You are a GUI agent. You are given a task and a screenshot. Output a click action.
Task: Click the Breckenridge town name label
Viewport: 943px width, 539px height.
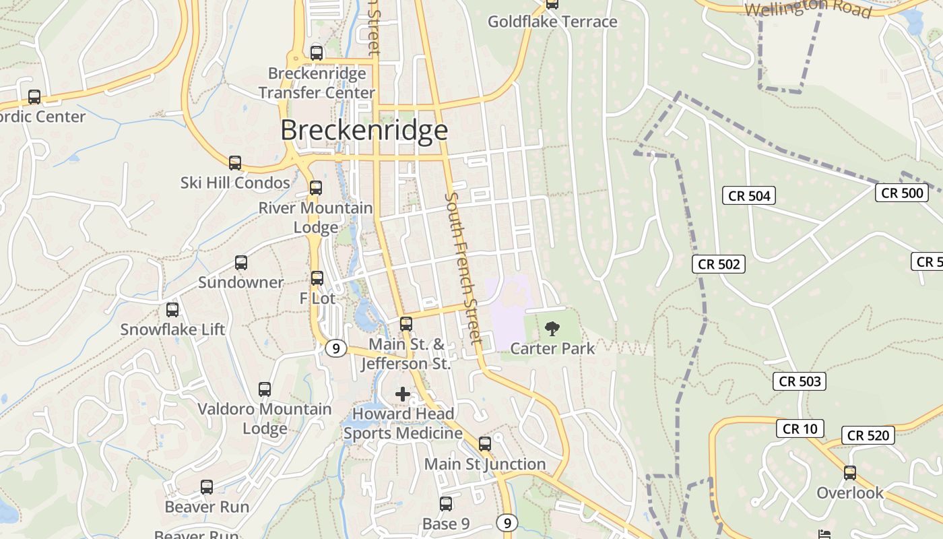click(x=364, y=130)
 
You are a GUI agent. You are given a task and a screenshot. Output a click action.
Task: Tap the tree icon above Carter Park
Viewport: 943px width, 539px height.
click(x=552, y=329)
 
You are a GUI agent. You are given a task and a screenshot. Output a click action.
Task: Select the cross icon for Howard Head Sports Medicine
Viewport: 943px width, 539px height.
click(x=403, y=394)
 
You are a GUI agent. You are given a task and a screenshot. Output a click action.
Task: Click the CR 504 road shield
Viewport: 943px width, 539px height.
click(x=749, y=196)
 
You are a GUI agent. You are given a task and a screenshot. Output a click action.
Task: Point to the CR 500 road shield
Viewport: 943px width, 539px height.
click(x=902, y=193)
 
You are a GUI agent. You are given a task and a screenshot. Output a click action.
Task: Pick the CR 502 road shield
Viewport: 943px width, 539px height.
click(x=719, y=264)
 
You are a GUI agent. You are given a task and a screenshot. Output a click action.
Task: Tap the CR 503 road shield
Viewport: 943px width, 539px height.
click(x=800, y=381)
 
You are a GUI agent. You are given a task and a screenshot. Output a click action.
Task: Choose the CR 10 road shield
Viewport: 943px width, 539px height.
click(x=800, y=429)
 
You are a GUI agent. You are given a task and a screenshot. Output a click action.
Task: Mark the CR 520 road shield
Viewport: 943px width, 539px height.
click(x=868, y=436)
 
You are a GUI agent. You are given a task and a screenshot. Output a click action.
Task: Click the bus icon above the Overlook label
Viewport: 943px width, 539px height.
click(x=850, y=473)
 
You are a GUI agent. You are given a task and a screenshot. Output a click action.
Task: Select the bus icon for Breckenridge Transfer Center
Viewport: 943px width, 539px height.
click(x=316, y=53)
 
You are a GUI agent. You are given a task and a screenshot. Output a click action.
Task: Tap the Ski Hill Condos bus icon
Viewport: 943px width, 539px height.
click(x=234, y=162)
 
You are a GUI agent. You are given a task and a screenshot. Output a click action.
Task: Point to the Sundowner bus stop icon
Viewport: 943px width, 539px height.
click(x=240, y=263)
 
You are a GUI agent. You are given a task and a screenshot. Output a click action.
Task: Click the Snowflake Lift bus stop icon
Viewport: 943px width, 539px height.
click(x=172, y=310)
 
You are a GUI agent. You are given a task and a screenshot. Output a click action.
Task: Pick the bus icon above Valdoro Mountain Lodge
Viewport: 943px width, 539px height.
click(x=265, y=389)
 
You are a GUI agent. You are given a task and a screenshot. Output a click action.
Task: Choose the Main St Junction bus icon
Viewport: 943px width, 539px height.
click(x=484, y=444)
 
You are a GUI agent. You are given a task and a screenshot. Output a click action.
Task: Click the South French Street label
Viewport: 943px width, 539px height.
click(x=463, y=267)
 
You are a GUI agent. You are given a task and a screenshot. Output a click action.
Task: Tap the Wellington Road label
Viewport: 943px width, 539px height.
click(x=808, y=8)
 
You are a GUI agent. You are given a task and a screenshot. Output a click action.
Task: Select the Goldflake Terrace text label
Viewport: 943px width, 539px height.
click(x=552, y=22)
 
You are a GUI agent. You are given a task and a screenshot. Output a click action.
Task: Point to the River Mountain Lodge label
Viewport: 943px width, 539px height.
click(x=316, y=217)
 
